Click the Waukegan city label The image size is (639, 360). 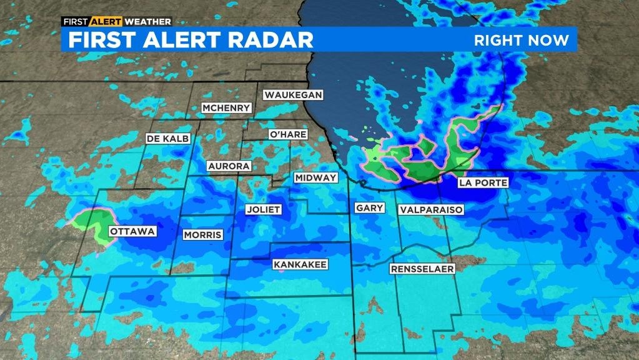(x=293, y=95)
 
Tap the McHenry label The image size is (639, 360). (x=226, y=108)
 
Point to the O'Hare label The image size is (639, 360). (x=286, y=134)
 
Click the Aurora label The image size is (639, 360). (x=229, y=166)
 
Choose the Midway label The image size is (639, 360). (x=315, y=178)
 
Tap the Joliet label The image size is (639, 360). (x=263, y=209)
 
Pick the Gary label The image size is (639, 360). (x=369, y=208)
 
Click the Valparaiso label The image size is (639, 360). (x=432, y=209)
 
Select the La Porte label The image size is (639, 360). (x=482, y=182)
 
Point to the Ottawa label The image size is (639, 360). (x=132, y=232)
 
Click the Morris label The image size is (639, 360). (x=202, y=235)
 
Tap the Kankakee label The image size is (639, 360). (x=300, y=264)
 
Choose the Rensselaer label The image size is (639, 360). (x=422, y=269)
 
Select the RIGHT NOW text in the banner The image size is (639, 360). (x=522, y=41)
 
